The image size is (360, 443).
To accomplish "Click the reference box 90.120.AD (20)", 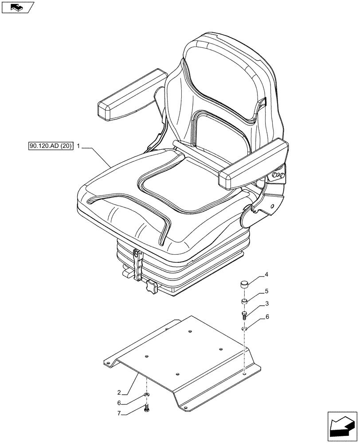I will (x=50, y=146).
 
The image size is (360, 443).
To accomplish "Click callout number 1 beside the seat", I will (x=78, y=146).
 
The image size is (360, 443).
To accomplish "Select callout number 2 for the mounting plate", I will (x=119, y=392).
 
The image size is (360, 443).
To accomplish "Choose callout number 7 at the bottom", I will (x=119, y=413).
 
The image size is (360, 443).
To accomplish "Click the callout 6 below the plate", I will (x=119, y=403).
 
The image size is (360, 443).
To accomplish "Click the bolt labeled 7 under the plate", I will (x=147, y=408).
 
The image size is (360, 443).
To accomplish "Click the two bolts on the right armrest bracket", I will (x=278, y=176).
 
